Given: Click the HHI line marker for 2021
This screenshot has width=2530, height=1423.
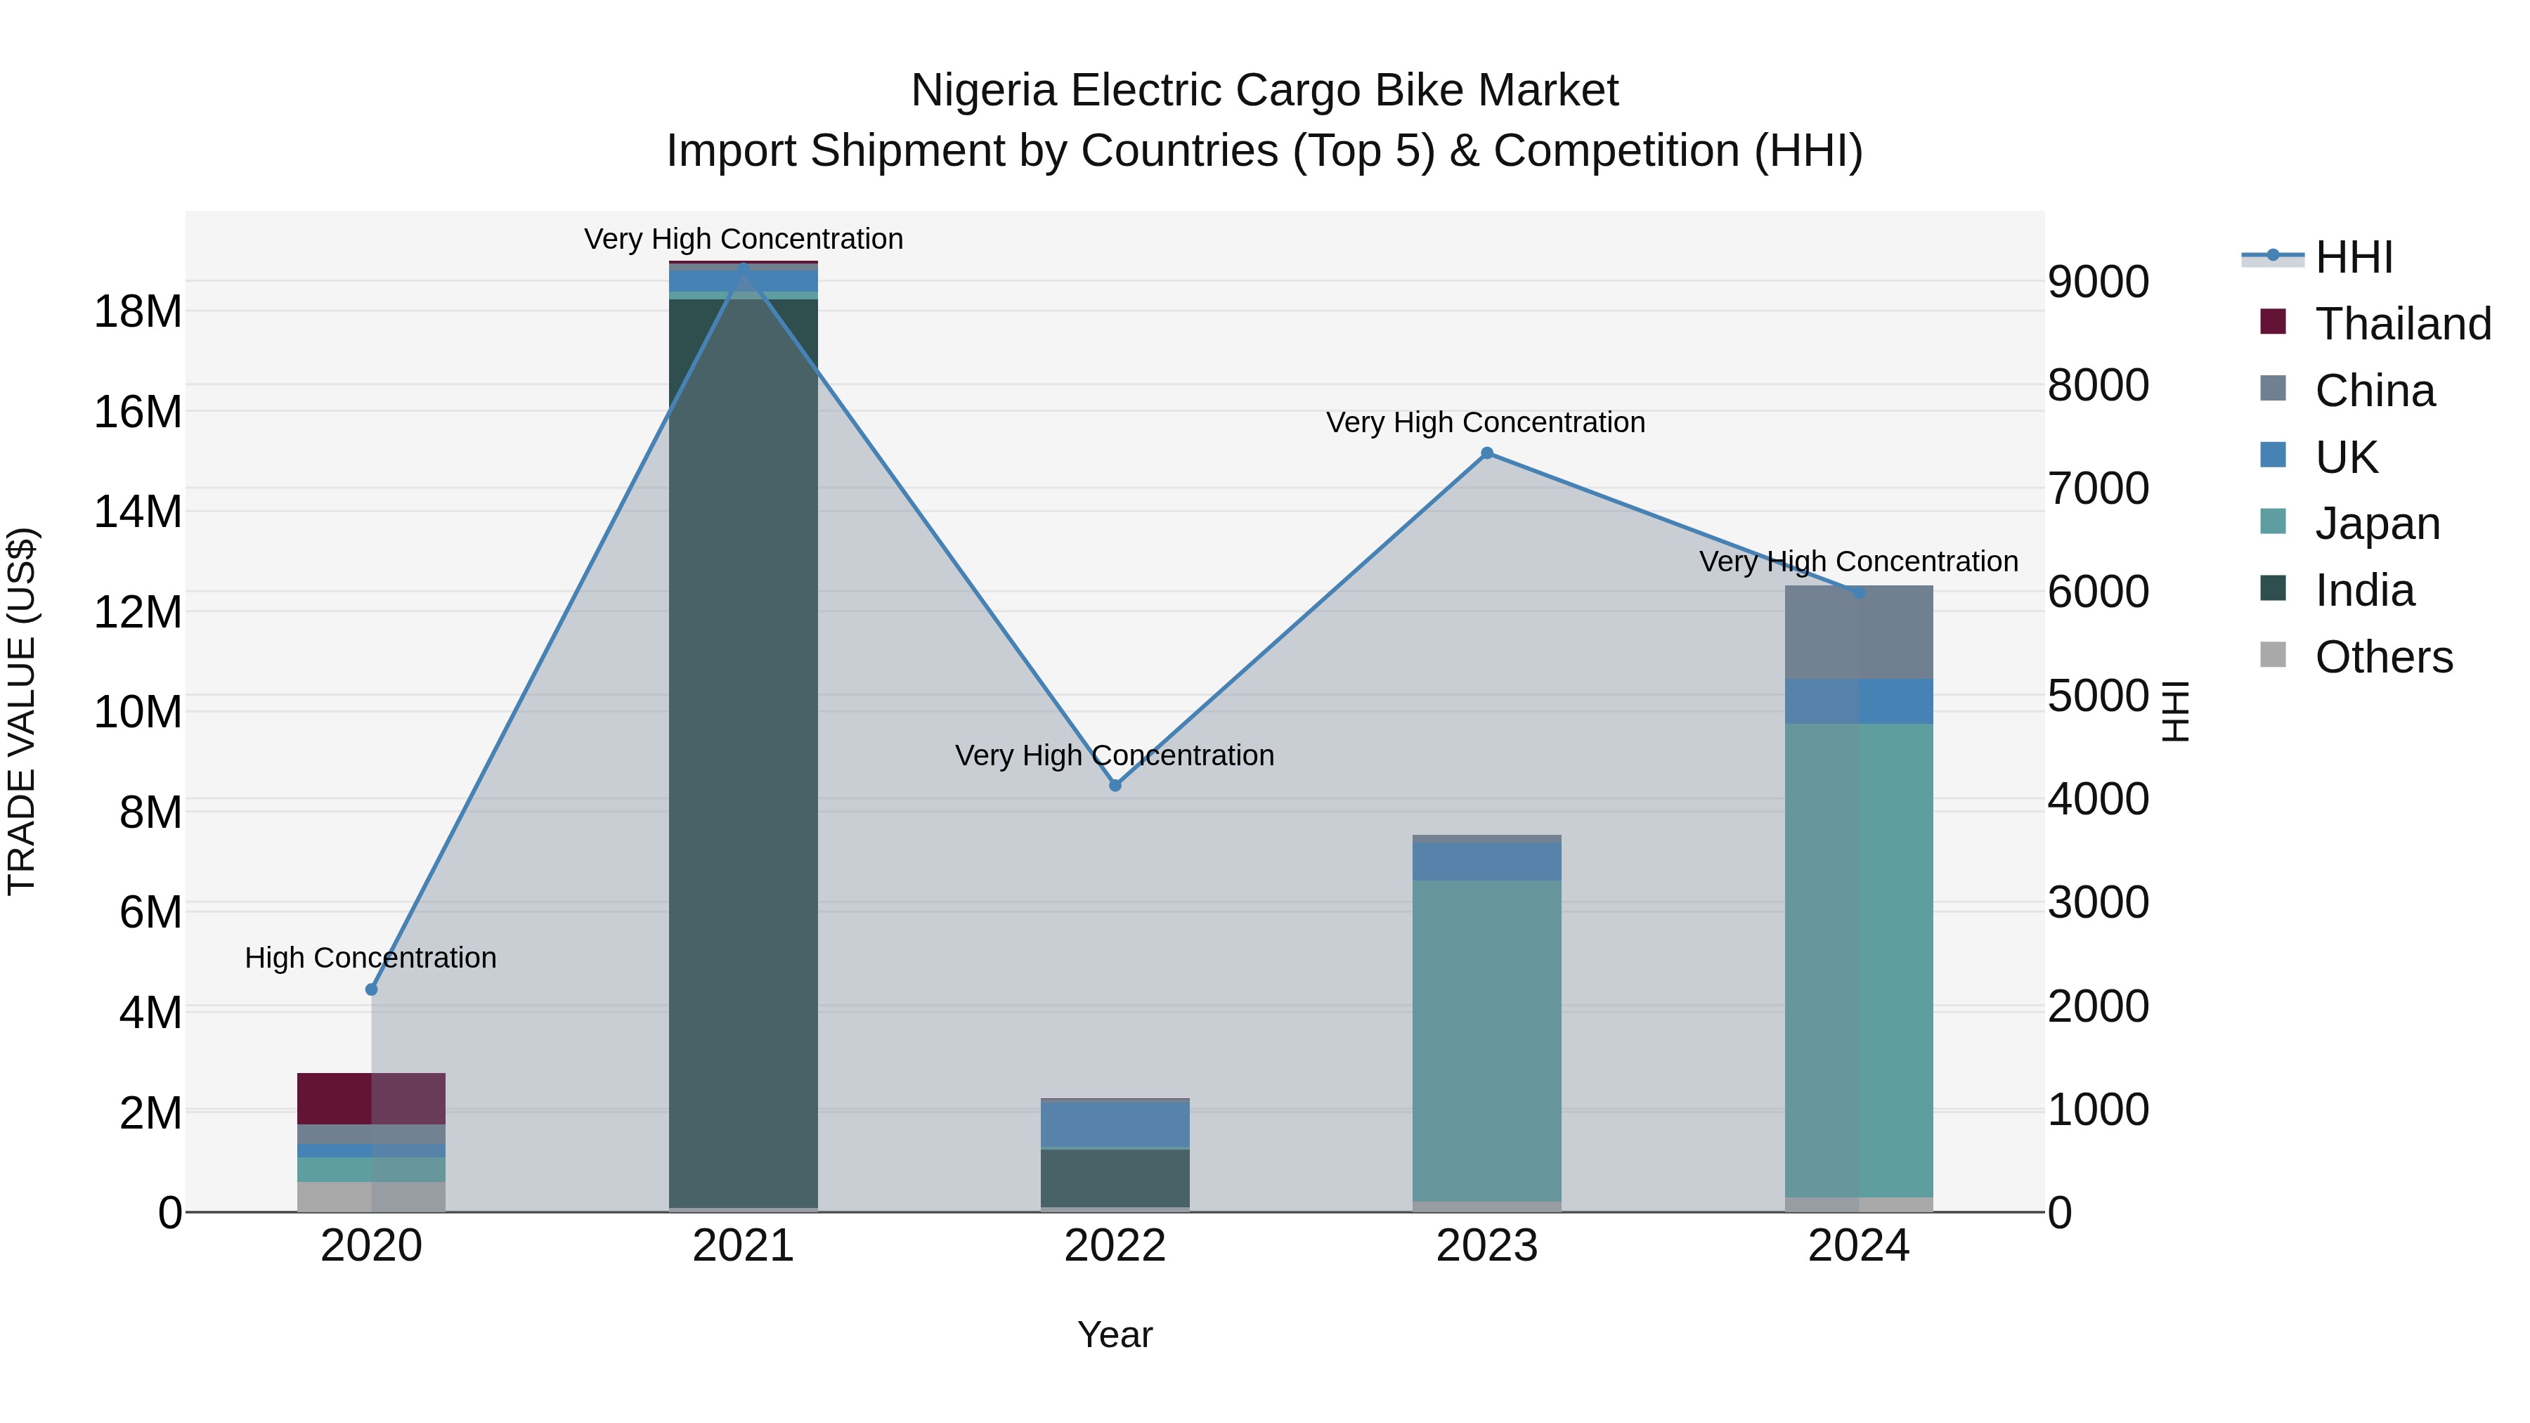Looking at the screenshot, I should tap(744, 267).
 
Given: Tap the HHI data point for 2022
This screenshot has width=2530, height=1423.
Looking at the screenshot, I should tap(1115, 786).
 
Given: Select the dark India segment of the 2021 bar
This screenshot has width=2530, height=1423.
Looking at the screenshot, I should tap(744, 746).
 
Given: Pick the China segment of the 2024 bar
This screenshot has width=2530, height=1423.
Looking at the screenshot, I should tap(1858, 632).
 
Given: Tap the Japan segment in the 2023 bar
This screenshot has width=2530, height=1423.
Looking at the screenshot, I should tap(1487, 1041).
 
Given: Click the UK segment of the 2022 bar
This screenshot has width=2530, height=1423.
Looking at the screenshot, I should tap(1115, 1124).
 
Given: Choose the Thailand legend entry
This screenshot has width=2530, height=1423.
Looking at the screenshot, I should tap(2402, 324).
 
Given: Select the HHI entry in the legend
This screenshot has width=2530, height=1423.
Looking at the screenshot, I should tap(2353, 257).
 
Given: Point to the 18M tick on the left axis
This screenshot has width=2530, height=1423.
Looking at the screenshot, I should tap(138, 312).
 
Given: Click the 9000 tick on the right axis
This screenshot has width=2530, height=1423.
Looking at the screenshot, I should tap(2098, 282).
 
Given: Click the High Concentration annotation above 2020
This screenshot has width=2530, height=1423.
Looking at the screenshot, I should tap(370, 958).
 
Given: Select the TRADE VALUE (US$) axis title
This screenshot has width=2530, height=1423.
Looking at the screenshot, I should tap(22, 711).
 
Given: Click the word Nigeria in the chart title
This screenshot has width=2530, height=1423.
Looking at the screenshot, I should tap(984, 91).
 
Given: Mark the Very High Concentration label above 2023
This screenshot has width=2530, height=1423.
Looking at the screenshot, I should tap(1485, 422).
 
